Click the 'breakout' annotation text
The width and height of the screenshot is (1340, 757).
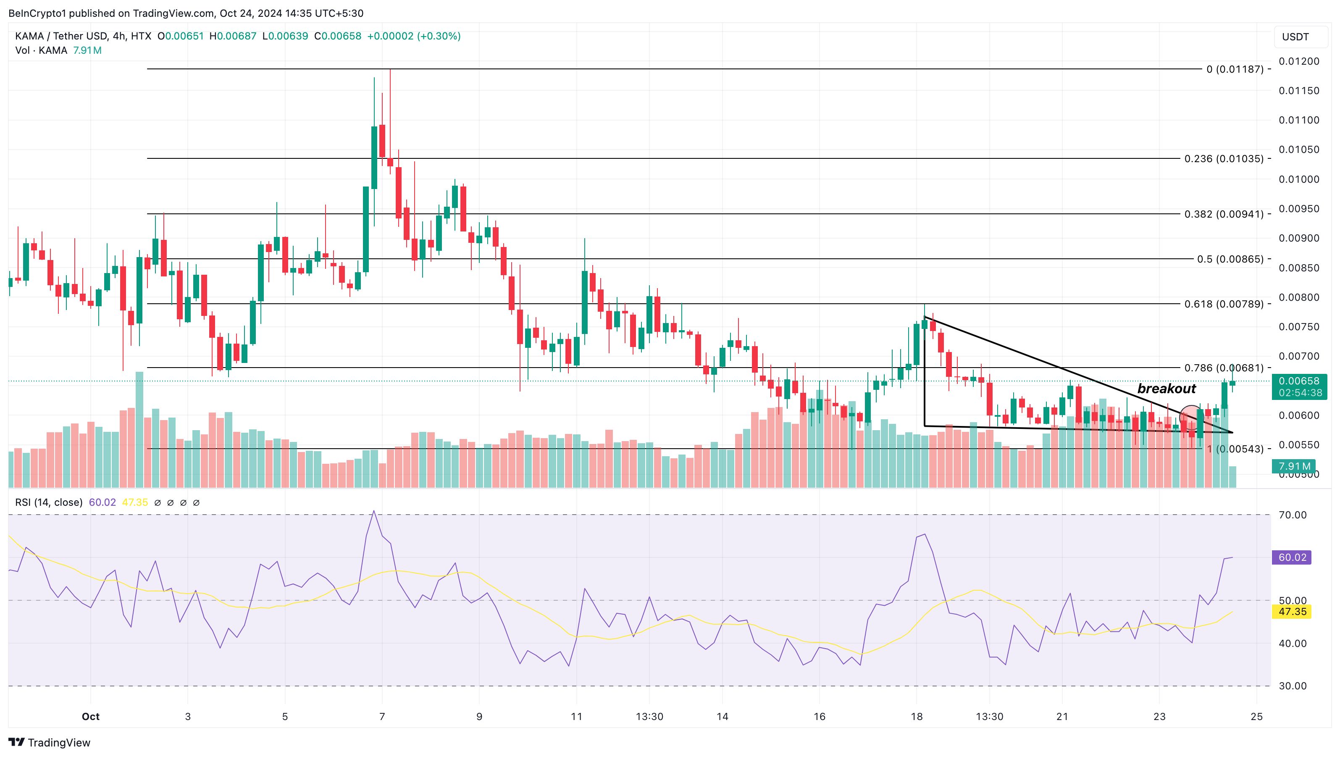click(1166, 389)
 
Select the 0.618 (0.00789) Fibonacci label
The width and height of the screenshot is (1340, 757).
click(1224, 304)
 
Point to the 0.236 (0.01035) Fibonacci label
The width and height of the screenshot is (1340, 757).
click(1224, 159)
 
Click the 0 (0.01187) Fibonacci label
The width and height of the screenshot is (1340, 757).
click(1235, 69)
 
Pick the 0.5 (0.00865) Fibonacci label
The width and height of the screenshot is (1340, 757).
click(1230, 259)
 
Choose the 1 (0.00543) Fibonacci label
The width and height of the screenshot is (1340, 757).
click(1235, 449)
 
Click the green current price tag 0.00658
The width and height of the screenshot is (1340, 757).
click(1299, 381)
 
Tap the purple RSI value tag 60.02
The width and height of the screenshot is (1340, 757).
click(1292, 557)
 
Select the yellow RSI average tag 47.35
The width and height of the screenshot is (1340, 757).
click(1292, 611)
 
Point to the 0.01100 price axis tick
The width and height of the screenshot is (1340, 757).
click(1299, 120)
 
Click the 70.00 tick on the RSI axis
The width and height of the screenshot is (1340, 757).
click(1292, 515)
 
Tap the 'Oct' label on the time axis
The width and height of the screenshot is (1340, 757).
click(90, 716)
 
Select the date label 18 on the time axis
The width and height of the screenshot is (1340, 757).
click(917, 716)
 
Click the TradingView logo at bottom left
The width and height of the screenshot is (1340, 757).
click(50, 742)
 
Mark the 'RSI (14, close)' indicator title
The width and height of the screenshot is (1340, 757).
click(49, 502)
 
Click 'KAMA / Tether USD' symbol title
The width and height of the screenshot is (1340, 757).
click(61, 36)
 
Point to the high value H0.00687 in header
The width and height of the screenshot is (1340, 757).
click(233, 36)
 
